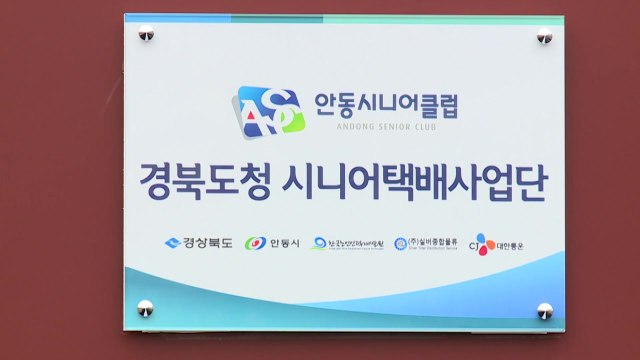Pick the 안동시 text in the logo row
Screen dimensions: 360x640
click(283, 243)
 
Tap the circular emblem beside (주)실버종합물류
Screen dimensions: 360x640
click(400, 243)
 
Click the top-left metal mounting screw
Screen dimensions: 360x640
click(146, 35)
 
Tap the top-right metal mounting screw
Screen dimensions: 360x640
click(545, 36)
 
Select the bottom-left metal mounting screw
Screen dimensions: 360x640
click(146, 305)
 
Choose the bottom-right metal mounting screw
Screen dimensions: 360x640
click(545, 310)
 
